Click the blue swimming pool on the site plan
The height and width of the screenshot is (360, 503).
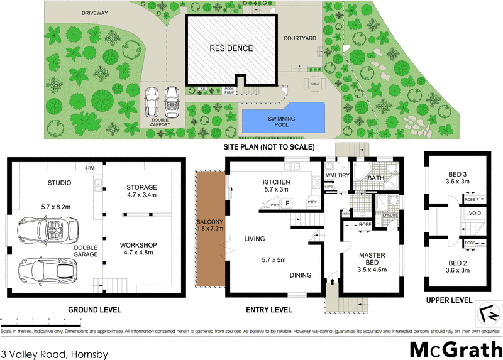pyautogui.click(x=282, y=119)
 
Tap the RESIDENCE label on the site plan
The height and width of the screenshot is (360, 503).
pyautogui.click(x=231, y=48)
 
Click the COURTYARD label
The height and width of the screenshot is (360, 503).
pyautogui.click(x=298, y=38)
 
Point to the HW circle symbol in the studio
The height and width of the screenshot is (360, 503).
pyautogui.click(x=91, y=168)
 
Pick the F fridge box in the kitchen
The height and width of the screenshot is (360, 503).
pyautogui.click(x=287, y=203)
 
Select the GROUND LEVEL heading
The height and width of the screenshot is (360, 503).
pyautogui.click(x=94, y=310)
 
